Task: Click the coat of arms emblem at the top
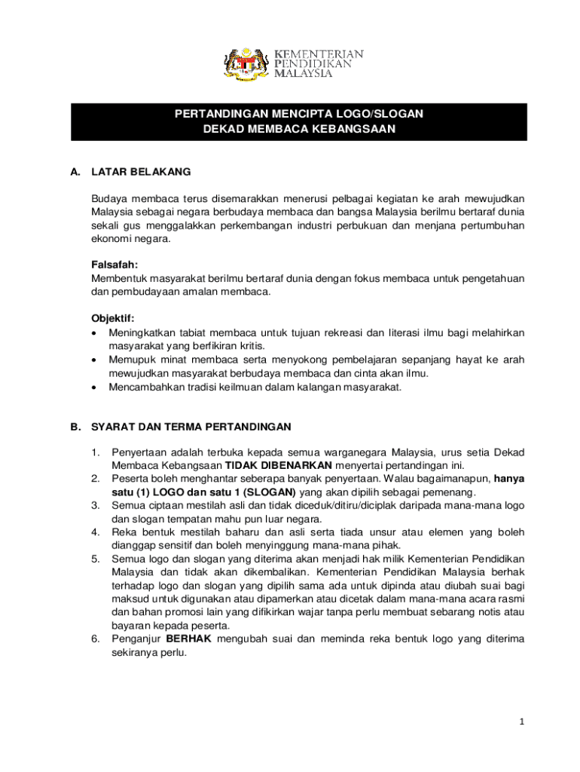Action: (245, 64)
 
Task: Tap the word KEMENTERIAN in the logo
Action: (318, 55)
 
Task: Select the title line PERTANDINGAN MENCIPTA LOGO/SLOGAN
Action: (299, 114)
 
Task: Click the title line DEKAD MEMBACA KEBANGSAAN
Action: (299, 130)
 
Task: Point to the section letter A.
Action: (75, 172)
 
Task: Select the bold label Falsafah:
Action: (115, 265)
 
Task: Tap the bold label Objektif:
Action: (112, 318)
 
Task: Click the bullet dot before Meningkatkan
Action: (93, 332)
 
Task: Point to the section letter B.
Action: (75, 427)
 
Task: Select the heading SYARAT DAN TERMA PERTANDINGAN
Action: (191, 427)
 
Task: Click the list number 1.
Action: (95, 452)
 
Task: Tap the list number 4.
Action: (95, 532)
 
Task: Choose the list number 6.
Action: (95, 639)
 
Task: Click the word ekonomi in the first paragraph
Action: (111, 239)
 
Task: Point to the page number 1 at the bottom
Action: (520, 721)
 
